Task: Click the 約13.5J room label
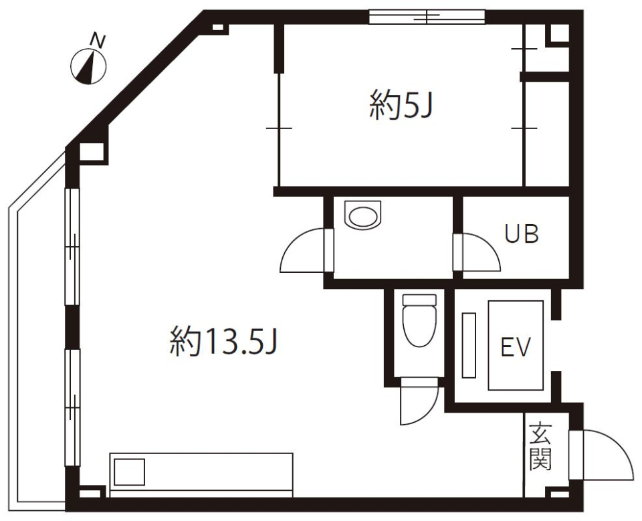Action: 223,342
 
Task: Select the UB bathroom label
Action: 522,235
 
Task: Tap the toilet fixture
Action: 420,320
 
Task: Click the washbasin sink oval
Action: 362,215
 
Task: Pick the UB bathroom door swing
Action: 479,251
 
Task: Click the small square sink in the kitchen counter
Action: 129,472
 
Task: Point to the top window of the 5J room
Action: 427,16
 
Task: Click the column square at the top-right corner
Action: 557,34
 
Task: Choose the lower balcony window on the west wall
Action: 72,403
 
